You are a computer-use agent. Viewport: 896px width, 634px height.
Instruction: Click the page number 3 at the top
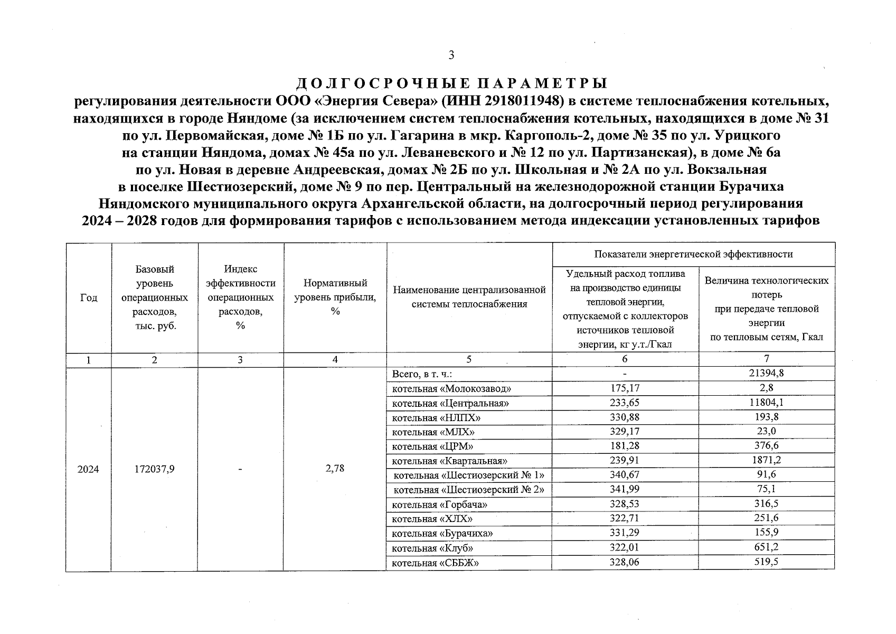click(x=451, y=55)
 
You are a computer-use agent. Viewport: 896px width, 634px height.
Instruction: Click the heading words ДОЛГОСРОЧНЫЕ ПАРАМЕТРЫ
click(x=451, y=84)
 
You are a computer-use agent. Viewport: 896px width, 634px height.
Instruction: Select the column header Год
click(x=88, y=297)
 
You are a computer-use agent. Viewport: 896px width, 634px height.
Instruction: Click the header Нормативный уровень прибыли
click(x=335, y=297)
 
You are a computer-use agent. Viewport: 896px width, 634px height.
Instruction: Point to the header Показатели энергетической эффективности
click(x=693, y=254)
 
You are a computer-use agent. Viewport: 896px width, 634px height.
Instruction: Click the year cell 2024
click(x=88, y=469)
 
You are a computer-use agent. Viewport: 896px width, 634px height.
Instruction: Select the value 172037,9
click(x=154, y=469)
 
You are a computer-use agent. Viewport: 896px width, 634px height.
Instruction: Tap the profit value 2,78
click(x=335, y=468)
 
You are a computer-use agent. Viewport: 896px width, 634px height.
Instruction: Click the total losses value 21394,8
click(x=766, y=373)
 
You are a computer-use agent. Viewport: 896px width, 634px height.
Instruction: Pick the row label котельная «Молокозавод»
click(x=451, y=389)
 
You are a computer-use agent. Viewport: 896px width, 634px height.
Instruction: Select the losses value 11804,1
click(x=766, y=403)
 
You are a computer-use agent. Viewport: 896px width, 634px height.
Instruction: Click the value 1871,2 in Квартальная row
click(x=766, y=460)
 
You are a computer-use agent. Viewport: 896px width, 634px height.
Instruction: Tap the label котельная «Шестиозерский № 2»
click(x=468, y=489)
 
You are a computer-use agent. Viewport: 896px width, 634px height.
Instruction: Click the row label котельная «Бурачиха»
click(x=442, y=533)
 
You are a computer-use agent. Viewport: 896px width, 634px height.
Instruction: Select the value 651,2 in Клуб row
click(x=766, y=547)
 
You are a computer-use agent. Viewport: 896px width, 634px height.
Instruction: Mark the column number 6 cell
click(x=625, y=359)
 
